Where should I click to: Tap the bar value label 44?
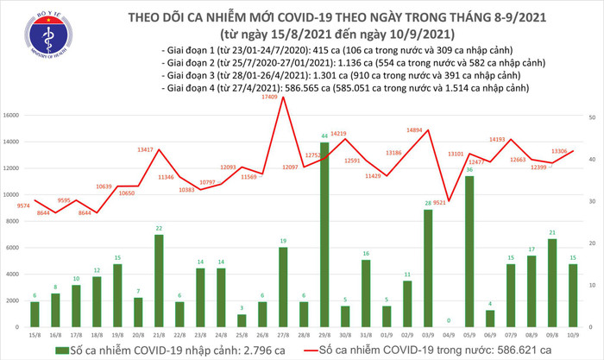[324, 136]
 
